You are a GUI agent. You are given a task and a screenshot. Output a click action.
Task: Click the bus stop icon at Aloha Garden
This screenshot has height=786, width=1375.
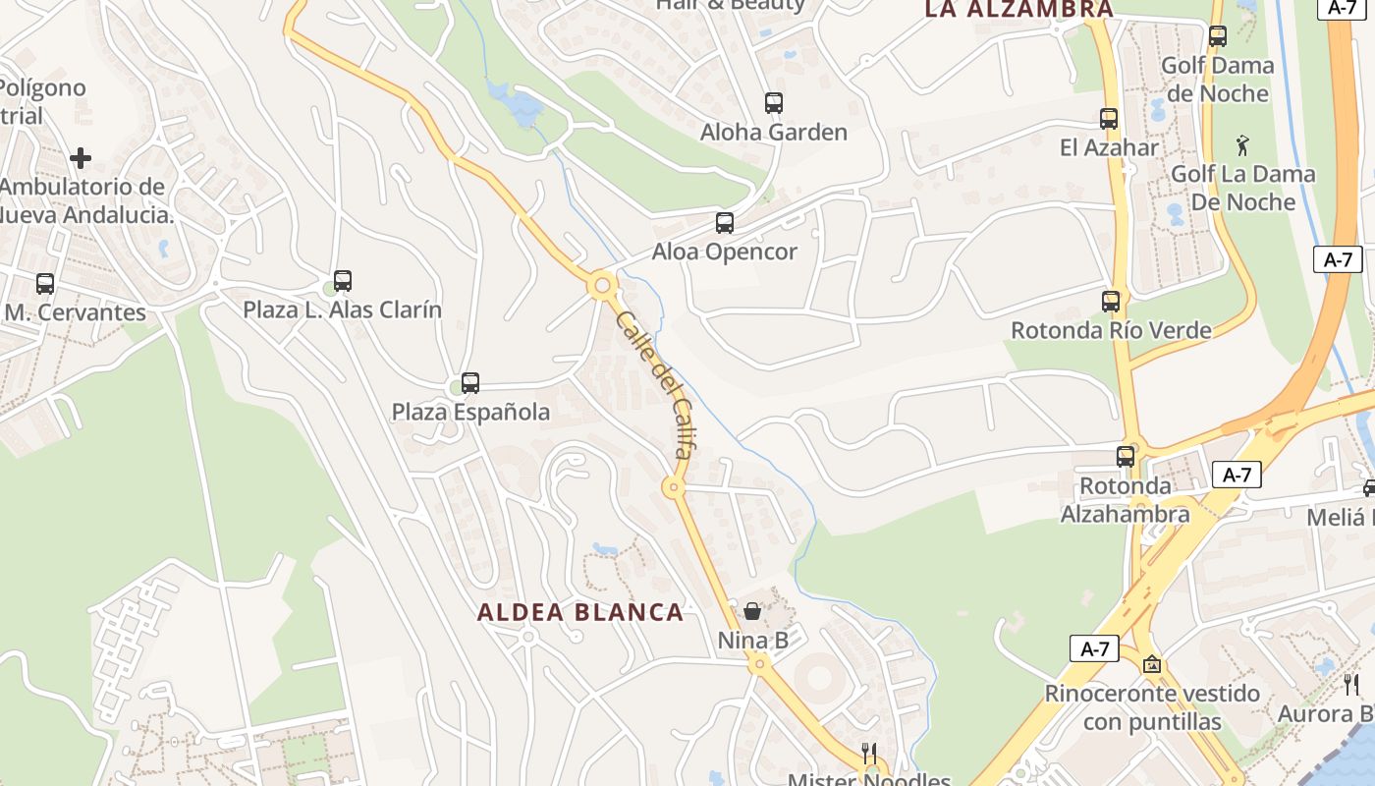coord(774,102)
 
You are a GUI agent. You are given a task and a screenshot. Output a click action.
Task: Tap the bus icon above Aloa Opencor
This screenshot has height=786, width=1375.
coord(725,223)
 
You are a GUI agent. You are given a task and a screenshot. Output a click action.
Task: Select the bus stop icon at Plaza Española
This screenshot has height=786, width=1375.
coord(470,383)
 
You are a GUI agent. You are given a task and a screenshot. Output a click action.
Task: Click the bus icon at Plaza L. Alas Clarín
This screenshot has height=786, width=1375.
coord(343,281)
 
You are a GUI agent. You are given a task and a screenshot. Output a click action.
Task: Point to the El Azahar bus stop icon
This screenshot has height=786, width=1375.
coord(1109,119)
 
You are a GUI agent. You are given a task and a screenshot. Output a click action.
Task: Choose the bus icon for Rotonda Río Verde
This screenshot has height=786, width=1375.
coord(1111,302)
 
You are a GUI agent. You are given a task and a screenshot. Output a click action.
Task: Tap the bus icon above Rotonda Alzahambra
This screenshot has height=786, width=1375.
coord(1126,456)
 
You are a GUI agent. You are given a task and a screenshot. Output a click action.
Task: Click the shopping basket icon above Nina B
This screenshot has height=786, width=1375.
coord(752,611)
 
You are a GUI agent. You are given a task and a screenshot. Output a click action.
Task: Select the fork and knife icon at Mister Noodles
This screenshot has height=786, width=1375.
coord(868,754)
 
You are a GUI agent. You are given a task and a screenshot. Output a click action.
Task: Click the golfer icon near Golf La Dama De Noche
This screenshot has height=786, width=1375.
coord(1242,145)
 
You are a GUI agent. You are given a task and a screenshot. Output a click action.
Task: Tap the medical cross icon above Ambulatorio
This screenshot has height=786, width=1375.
coord(81,157)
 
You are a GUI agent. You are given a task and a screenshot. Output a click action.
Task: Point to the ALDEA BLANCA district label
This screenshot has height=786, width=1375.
coord(579,612)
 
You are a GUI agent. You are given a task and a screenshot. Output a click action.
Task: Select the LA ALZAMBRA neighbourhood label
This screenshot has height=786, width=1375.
coord(1019,10)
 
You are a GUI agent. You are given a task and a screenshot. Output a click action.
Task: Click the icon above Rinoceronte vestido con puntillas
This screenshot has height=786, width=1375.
coord(1152,665)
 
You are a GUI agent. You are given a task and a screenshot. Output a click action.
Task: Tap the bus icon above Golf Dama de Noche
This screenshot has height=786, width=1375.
coord(1218,36)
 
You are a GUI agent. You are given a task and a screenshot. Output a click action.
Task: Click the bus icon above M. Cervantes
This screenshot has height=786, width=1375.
coord(45,284)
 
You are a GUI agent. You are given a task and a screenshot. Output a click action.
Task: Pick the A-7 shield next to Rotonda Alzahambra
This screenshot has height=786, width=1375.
coord(1237,476)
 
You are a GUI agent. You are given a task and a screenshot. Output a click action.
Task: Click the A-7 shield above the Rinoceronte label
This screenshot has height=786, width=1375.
coord(1094,648)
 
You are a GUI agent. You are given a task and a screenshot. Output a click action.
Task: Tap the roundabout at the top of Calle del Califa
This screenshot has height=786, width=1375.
coord(602,286)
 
